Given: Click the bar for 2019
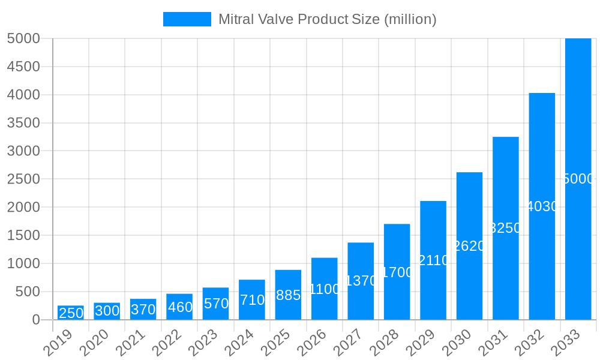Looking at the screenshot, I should pyautogui.click(x=71, y=313).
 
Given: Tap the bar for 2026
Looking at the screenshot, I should pyautogui.click(x=324, y=289).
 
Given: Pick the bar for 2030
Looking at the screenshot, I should pyautogui.click(x=469, y=246).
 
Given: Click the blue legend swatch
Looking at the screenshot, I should pyautogui.click(x=187, y=19).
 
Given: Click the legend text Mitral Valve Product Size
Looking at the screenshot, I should pyautogui.click(x=327, y=19).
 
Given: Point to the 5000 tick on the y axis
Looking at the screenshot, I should pyautogui.click(x=23, y=38).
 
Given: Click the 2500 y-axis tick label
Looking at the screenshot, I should pyautogui.click(x=23, y=179).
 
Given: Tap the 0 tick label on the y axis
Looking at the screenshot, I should pyautogui.click(x=36, y=320).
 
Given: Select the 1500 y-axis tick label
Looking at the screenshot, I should pyautogui.click(x=23, y=235).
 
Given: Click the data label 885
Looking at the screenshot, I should pyautogui.click(x=288, y=295).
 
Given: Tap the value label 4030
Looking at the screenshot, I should pyautogui.click(x=542, y=206).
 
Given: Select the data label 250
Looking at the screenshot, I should pyautogui.click(x=71, y=313).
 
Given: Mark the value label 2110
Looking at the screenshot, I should pyautogui.click(x=433, y=260).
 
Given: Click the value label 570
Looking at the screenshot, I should pyautogui.click(x=216, y=304).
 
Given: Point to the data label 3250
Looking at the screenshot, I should pyautogui.click(x=505, y=228).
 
